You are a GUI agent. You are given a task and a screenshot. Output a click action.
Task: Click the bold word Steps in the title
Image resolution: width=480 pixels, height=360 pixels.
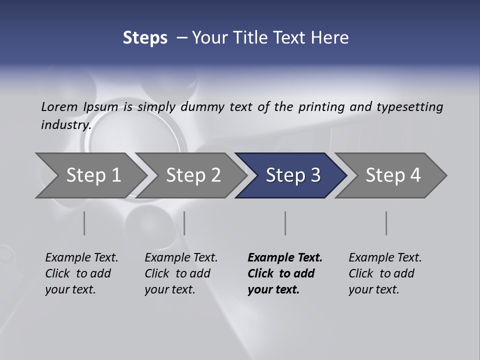[145, 38]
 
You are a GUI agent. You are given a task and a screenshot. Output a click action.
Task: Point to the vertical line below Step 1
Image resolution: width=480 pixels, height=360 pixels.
[84, 223]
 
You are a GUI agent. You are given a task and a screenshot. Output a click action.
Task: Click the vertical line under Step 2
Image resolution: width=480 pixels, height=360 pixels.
[184, 223]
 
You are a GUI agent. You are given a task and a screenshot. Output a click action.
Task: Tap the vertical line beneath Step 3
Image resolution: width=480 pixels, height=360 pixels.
[285, 223]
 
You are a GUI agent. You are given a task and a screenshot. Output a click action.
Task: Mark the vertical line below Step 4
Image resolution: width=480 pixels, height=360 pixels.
[386, 223]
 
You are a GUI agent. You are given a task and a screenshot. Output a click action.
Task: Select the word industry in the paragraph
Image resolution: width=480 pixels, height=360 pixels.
[65, 124]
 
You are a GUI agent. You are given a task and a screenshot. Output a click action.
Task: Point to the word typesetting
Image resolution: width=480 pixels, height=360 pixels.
[409, 106]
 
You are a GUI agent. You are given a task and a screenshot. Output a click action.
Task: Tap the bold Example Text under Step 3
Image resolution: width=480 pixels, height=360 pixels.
[285, 257]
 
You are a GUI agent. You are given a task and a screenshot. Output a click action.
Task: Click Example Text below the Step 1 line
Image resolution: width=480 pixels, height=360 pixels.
[81, 257]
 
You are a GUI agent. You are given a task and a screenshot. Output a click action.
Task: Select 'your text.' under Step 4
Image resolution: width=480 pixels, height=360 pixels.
[373, 289]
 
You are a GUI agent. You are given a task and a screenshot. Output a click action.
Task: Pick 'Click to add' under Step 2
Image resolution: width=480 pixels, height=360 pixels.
[177, 273]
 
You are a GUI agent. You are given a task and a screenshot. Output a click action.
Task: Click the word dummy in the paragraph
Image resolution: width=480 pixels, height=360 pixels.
[202, 106]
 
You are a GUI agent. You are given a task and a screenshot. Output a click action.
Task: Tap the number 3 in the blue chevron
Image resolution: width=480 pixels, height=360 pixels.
[314, 175]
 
